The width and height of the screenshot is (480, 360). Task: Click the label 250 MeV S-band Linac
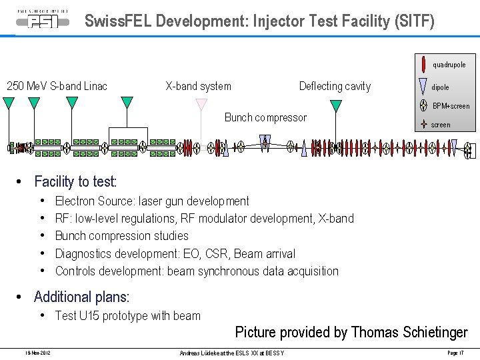(x=57, y=86)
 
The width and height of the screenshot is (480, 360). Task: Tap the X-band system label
(x=198, y=86)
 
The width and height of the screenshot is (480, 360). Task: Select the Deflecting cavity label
(x=335, y=86)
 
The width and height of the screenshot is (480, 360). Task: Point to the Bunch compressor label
(x=265, y=117)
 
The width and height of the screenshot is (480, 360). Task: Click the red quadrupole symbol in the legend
(x=423, y=65)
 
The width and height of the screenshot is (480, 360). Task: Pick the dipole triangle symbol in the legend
(x=423, y=86)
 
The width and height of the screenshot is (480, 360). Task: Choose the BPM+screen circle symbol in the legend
(x=423, y=105)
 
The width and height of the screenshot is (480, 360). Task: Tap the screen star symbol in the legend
(x=423, y=124)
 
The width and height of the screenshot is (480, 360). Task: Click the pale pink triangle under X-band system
(x=201, y=104)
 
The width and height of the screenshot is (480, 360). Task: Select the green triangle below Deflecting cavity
(x=336, y=105)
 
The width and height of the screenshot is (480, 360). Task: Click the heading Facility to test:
(x=75, y=181)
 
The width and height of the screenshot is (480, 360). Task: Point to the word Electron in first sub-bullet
(x=75, y=201)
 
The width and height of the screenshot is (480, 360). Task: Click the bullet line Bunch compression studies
(x=122, y=236)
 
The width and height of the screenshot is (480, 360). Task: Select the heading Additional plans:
(x=81, y=297)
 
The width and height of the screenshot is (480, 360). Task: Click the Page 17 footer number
(x=455, y=352)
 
